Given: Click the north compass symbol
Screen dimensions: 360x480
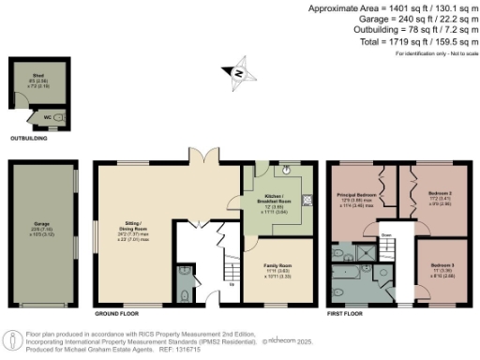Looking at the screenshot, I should coord(238,71).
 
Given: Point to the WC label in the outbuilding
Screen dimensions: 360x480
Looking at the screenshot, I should coord(45,117).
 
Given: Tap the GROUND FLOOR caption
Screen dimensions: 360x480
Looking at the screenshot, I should coord(118,312).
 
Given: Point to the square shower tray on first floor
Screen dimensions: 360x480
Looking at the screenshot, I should coord(383,250).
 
